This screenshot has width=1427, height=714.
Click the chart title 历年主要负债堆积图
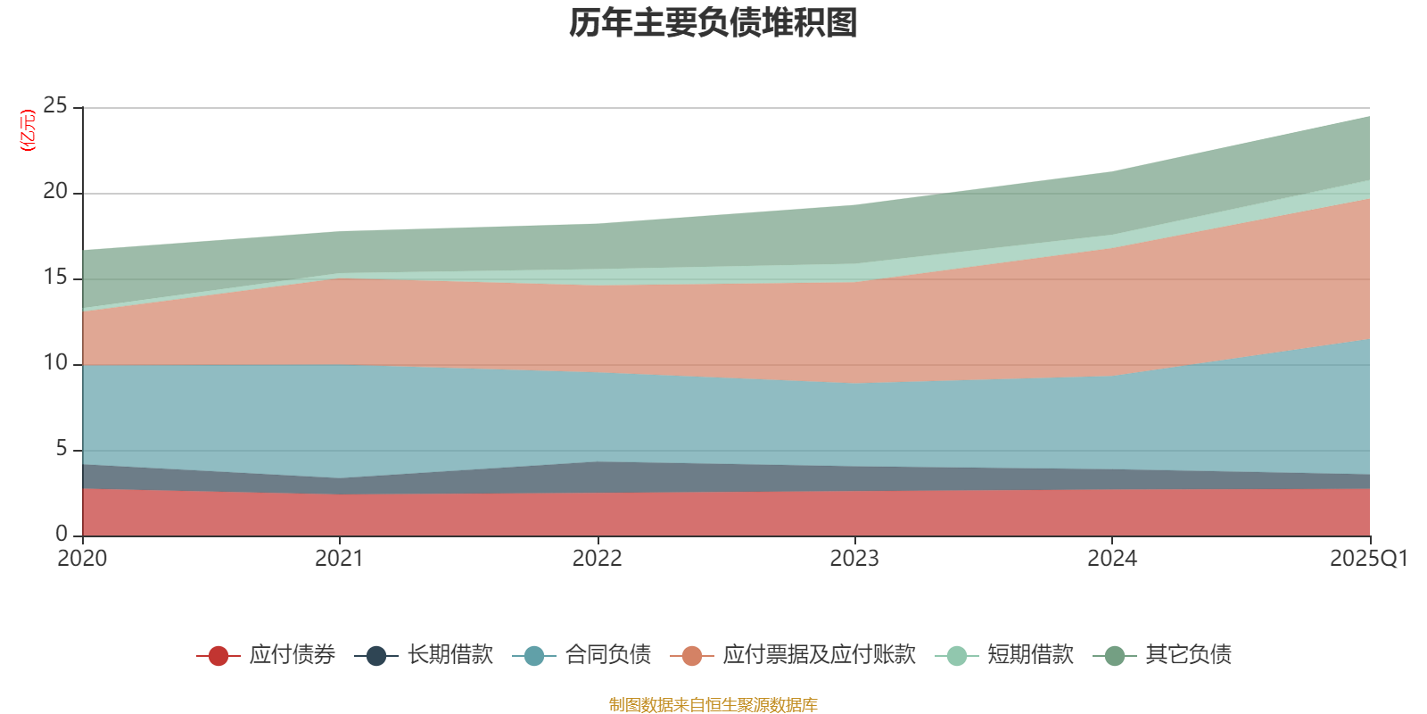coord(713,24)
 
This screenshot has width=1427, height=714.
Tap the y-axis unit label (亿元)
coord(28,130)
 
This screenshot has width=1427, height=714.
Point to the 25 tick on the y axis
coord(55,106)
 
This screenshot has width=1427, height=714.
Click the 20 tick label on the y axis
coord(55,192)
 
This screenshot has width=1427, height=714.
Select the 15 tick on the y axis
coord(55,278)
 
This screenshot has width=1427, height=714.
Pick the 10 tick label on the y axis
coord(55,363)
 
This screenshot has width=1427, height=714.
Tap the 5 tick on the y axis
coord(62,449)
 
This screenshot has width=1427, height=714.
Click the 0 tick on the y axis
coord(62,534)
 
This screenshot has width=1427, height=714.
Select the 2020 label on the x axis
coord(82,559)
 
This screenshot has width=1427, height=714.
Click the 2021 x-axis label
coord(339,559)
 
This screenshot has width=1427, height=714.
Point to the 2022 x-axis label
coord(597,559)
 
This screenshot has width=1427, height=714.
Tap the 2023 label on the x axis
coord(854,559)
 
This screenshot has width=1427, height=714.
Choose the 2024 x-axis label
coord(1111,559)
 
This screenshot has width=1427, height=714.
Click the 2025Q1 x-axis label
coord(1368,559)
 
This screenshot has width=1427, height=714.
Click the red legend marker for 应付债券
coord(219,656)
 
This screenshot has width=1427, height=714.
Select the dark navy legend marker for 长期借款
coord(376,656)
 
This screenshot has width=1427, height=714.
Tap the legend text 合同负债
coord(608,655)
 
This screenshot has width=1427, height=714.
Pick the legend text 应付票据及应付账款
coord(819,655)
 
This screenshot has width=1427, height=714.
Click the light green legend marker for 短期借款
coord(956,656)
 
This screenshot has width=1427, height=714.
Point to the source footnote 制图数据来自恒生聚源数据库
coord(713,705)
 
